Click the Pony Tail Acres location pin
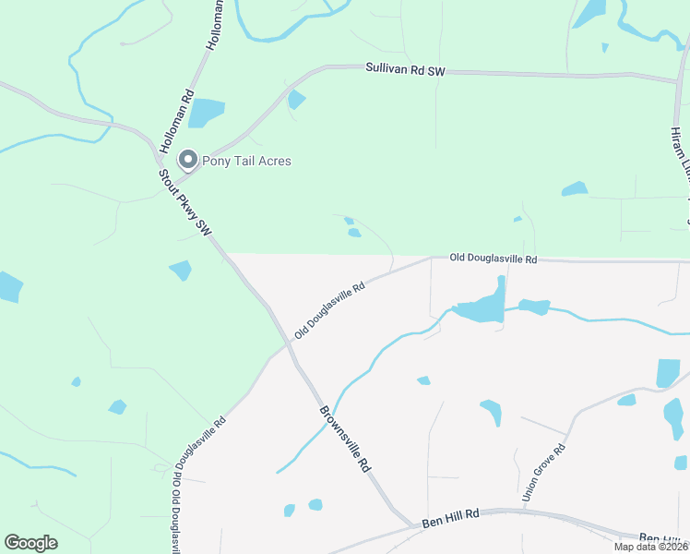[188, 161]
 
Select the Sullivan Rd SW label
[405, 68]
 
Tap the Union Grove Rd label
[543, 472]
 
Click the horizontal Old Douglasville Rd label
[494, 259]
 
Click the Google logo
[30, 543]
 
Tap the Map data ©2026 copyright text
[650, 547]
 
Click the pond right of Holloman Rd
[207, 113]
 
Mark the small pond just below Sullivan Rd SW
[296, 100]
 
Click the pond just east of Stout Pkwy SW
[181, 270]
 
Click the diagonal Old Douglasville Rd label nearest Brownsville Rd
[329, 310]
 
